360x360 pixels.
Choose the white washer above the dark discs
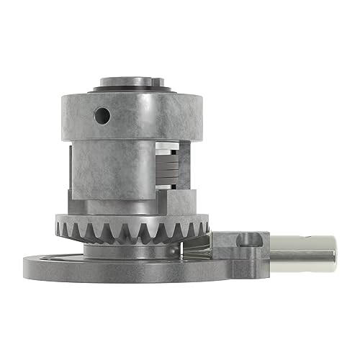167,149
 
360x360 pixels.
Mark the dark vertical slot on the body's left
67,173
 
